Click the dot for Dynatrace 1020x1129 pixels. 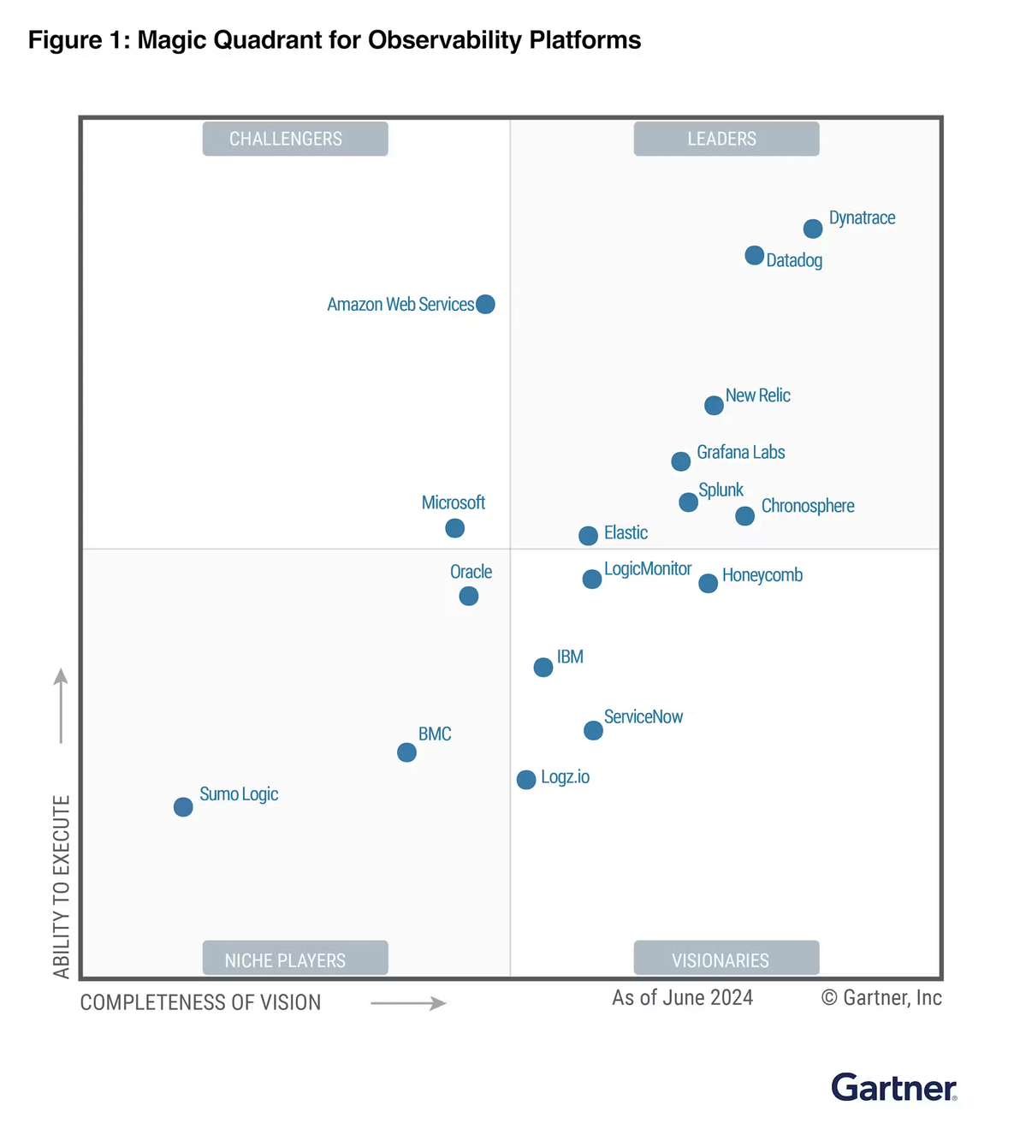(x=813, y=229)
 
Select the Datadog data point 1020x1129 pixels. (x=755, y=255)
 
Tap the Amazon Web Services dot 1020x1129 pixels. (x=485, y=304)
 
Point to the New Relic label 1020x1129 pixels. (x=757, y=395)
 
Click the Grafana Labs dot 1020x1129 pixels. (x=681, y=461)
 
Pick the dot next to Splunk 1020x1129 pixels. (x=689, y=502)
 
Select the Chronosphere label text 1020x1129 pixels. (x=808, y=505)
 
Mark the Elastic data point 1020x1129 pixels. (x=588, y=535)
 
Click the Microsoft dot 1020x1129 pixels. (x=455, y=528)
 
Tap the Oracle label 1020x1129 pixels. (x=471, y=571)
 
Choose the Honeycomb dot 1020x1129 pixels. (x=709, y=583)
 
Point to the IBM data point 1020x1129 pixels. (x=543, y=667)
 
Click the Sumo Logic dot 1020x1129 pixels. (x=183, y=806)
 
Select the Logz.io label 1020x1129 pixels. (x=565, y=776)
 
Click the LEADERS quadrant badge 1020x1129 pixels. (x=726, y=139)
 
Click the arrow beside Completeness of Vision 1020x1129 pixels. (x=408, y=1003)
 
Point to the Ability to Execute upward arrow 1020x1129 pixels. (x=61, y=705)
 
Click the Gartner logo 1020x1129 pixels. (x=894, y=1087)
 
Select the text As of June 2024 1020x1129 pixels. (x=682, y=998)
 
